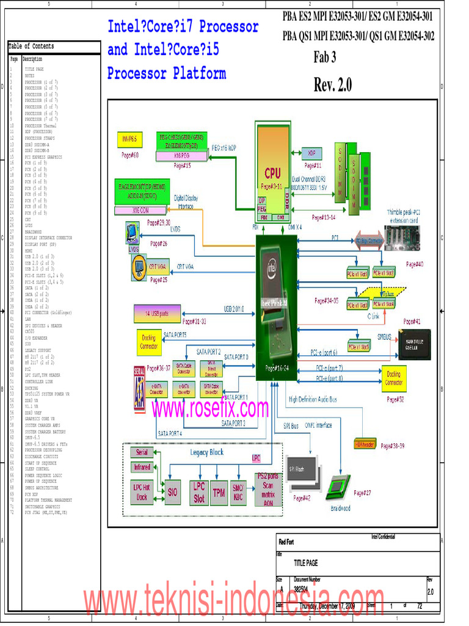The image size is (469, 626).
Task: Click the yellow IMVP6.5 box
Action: click(129, 139)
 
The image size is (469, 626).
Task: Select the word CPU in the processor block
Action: click(272, 173)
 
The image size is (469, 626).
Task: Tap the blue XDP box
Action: click(311, 153)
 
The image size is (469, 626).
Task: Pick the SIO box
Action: click(173, 492)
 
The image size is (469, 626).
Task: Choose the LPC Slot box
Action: click(198, 492)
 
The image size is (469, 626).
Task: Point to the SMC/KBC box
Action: click(238, 492)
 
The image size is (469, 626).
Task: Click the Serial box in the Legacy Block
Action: click(142, 452)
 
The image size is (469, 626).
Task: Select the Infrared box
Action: click(142, 467)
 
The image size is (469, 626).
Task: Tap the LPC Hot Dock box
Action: click(142, 492)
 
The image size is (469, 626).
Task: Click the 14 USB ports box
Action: click(157, 314)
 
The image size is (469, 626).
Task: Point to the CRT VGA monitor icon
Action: click(140, 267)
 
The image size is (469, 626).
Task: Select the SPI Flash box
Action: click(304, 469)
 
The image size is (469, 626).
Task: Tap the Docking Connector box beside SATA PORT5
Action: click(148, 342)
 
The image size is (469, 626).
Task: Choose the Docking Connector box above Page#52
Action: click(393, 378)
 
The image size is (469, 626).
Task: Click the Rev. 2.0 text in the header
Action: click(333, 85)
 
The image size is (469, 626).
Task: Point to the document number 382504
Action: click(300, 590)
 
